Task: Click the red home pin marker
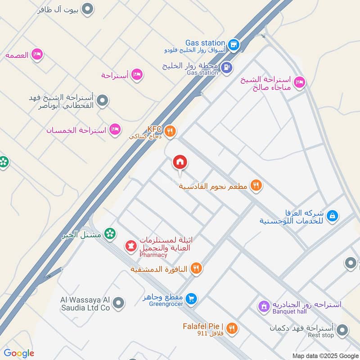point(180,162)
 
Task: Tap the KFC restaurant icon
point(170,131)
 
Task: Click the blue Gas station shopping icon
point(233,45)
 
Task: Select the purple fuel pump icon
point(227,67)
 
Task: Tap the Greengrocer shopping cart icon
point(192,298)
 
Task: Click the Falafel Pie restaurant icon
point(232,328)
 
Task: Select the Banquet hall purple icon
point(264,307)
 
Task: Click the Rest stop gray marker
point(342,331)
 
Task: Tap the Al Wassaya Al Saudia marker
point(118,303)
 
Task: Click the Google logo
point(19,353)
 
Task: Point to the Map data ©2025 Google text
point(325,355)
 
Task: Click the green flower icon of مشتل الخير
point(109,234)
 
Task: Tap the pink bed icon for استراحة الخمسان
point(115,130)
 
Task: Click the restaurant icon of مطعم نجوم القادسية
point(256,185)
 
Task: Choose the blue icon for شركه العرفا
point(332,216)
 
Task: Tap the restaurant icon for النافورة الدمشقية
point(196,269)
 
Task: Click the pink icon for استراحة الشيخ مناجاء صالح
point(299,82)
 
